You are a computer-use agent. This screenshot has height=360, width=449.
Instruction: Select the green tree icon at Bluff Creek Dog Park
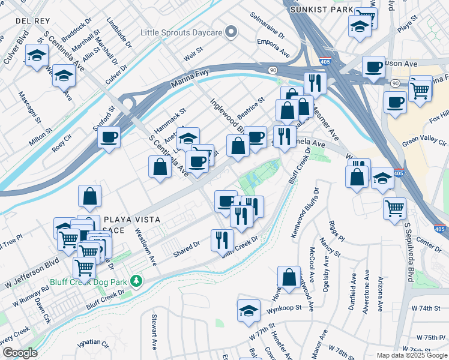click(x=137, y=280)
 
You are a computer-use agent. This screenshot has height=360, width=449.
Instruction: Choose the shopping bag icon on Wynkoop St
click(x=289, y=277)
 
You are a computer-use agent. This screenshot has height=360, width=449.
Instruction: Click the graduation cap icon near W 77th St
click(x=249, y=310)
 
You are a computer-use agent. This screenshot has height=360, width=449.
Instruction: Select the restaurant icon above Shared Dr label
click(x=222, y=240)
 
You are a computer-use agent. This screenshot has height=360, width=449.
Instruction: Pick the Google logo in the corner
click(x=19, y=353)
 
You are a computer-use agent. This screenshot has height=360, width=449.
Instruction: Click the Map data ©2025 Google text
click(x=412, y=355)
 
